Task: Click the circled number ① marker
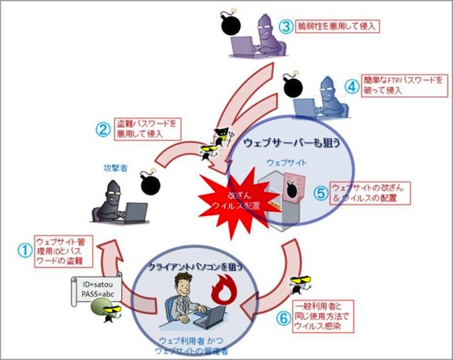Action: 23,248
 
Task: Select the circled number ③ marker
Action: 286,26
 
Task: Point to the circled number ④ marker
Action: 350,86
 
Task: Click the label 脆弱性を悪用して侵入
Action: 337,26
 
